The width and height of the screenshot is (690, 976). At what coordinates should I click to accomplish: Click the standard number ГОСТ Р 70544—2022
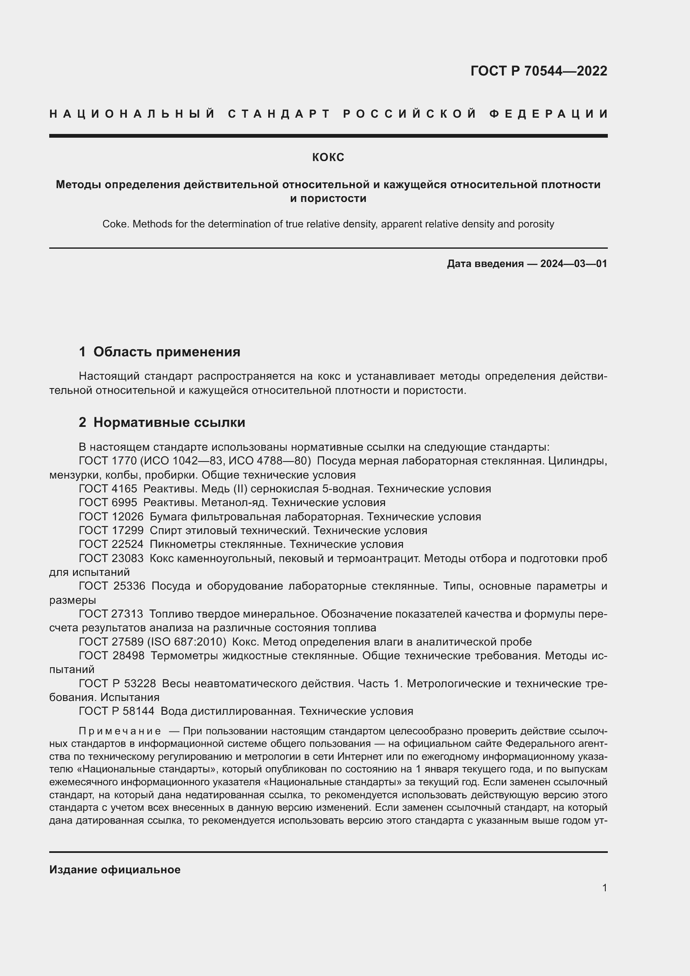click(x=538, y=71)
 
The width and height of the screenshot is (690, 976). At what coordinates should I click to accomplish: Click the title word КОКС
click(x=328, y=157)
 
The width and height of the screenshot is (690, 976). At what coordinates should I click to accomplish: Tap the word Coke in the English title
click(x=116, y=224)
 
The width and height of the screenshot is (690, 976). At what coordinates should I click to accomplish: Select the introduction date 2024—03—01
click(x=573, y=264)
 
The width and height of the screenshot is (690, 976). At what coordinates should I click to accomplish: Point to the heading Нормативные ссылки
click(x=169, y=422)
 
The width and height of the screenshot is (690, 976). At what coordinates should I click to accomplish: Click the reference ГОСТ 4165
click(x=108, y=489)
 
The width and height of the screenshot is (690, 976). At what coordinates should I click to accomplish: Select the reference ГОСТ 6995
click(x=108, y=502)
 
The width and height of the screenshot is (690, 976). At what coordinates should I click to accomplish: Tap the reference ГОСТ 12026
click(x=111, y=517)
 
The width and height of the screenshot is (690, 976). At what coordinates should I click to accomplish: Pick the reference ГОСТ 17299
click(x=111, y=530)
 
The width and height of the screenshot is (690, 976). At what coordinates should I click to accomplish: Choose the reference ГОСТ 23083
click(x=111, y=558)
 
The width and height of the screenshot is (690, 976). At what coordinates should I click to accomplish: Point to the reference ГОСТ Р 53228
click(x=117, y=683)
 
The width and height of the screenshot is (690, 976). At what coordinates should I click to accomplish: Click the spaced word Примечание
click(x=120, y=731)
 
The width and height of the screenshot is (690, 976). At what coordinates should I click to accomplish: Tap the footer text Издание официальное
click(x=115, y=869)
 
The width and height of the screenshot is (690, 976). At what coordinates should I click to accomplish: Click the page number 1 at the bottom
click(x=604, y=888)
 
